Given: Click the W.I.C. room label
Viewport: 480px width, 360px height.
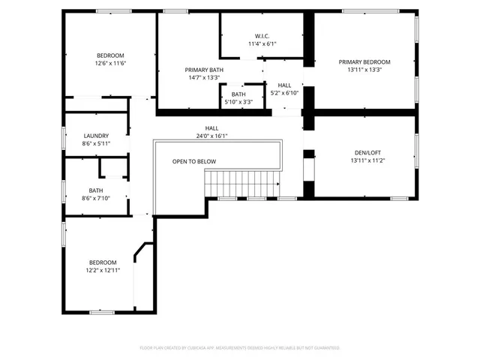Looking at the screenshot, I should [x=262, y=35].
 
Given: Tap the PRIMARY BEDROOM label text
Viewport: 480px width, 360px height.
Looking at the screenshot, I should [x=364, y=62].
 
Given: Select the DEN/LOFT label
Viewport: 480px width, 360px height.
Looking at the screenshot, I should [x=364, y=152].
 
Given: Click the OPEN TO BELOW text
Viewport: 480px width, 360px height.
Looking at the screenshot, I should [x=194, y=161].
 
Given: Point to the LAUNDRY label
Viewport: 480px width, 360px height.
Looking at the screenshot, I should [x=96, y=136].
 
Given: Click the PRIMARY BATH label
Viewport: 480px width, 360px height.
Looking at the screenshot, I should [x=204, y=70].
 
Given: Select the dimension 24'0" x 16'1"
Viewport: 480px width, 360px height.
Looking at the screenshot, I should [x=212, y=136].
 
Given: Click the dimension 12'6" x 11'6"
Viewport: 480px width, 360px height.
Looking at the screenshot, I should [x=109, y=64].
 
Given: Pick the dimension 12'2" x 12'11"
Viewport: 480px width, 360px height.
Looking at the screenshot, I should [x=103, y=270].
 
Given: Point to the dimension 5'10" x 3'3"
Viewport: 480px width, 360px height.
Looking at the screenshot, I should [x=238, y=102].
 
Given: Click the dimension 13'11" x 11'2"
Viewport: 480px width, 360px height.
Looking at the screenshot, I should [x=364, y=160].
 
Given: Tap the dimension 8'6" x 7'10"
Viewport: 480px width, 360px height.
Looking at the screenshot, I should [x=96, y=198].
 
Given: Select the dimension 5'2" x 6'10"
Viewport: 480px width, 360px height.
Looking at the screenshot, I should [x=284, y=93].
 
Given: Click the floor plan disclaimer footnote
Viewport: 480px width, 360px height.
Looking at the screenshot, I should [x=240, y=348].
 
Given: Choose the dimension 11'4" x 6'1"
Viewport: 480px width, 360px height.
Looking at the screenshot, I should [x=262, y=43].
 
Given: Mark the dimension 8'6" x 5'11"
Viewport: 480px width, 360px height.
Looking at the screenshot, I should [x=96, y=143].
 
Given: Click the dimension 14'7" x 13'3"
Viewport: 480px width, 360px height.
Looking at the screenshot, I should [x=204, y=77].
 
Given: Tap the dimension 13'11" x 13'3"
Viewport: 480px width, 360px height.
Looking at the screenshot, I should [x=364, y=70].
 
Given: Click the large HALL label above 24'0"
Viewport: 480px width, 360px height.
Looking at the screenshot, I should [x=212, y=128].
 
